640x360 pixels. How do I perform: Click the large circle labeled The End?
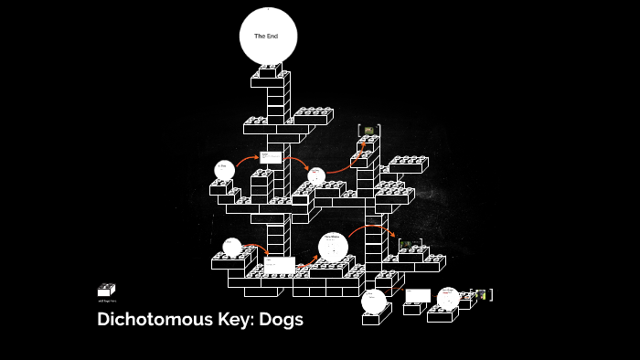[268, 36]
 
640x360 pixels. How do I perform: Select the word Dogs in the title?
[283, 320]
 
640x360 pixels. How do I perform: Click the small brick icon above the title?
[106, 290]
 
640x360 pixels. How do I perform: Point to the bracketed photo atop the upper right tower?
[368, 131]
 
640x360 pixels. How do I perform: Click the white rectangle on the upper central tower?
[271, 157]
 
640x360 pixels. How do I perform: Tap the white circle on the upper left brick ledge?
[224, 170]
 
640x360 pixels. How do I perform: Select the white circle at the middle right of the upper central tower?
[316, 175]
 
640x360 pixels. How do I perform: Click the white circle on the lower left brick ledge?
[232, 247]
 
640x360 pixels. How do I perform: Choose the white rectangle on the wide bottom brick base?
[280, 265]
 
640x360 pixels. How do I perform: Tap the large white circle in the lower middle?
[333, 247]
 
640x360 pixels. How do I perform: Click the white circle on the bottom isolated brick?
[373, 301]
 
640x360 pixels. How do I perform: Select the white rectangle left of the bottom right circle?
[418, 295]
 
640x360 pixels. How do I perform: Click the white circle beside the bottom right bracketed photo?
[448, 298]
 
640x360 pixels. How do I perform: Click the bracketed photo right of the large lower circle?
[410, 243]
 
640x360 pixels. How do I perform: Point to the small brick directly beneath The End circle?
[268, 70]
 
